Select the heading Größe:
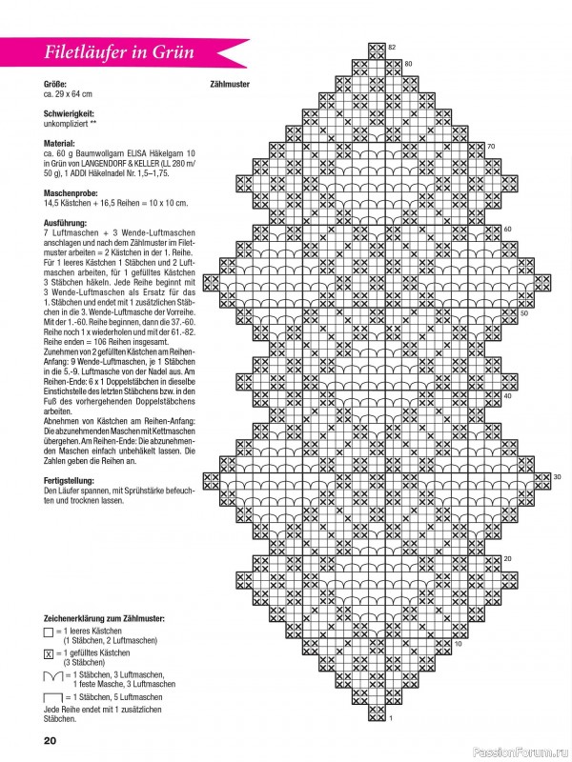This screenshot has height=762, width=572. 55,84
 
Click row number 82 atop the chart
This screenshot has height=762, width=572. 391,47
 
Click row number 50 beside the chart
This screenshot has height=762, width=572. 523,311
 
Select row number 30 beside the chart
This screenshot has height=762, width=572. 557,476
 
